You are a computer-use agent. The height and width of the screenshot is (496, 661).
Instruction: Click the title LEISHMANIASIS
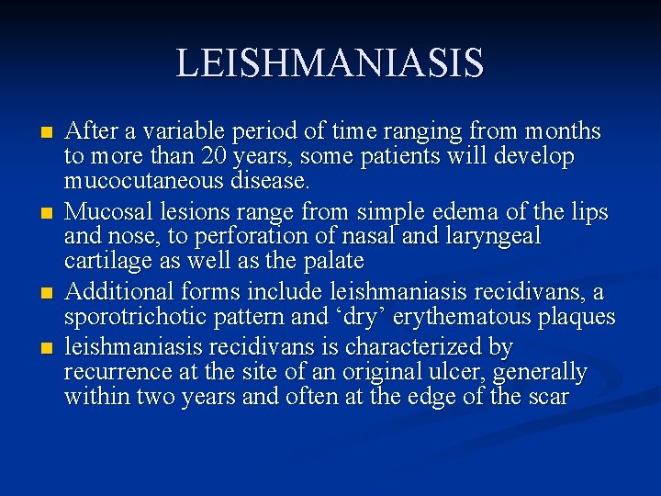(x=330, y=63)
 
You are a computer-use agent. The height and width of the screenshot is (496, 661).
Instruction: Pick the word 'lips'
(x=587, y=212)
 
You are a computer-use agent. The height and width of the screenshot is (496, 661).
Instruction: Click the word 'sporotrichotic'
(x=141, y=318)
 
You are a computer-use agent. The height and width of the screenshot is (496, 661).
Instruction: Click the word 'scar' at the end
(x=548, y=397)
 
